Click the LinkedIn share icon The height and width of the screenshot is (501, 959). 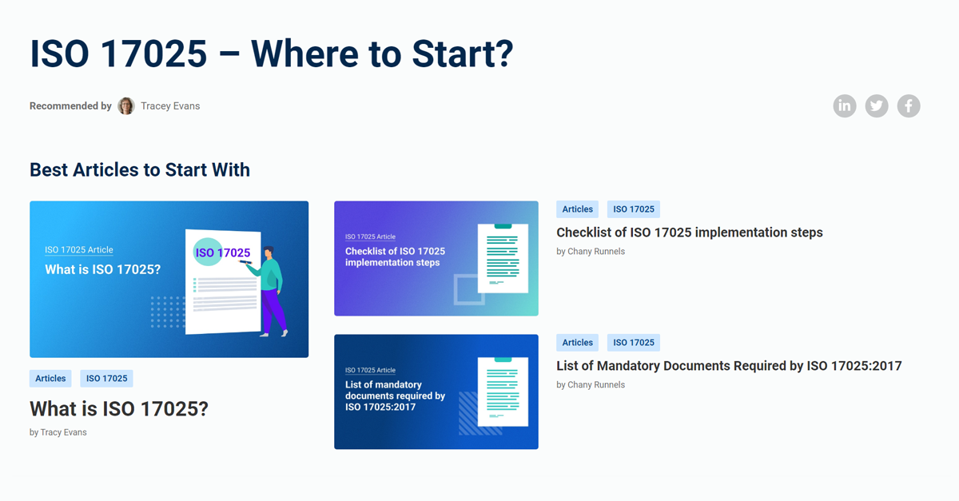pyautogui.click(x=845, y=106)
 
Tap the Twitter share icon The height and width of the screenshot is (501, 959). pyautogui.click(x=877, y=106)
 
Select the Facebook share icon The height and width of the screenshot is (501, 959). pyautogui.click(x=909, y=106)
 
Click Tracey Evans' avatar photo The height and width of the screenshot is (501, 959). pyautogui.click(x=126, y=106)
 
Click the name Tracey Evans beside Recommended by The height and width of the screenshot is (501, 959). pyautogui.click(x=170, y=106)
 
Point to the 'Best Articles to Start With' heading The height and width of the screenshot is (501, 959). pyautogui.click(x=140, y=170)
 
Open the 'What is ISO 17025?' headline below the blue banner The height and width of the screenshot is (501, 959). pyautogui.click(x=119, y=409)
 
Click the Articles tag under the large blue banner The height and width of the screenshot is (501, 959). pyautogui.click(x=50, y=379)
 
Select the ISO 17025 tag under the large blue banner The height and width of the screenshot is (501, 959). pyautogui.click(x=107, y=379)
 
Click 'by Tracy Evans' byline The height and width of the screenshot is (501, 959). pyautogui.click(x=58, y=432)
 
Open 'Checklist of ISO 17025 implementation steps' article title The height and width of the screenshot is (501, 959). pyautogui.click(x=689, y=233)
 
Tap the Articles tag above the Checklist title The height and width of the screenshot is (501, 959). pyautogui.click(x=577, y=209)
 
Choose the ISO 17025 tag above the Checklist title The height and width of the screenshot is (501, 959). pyautogui.click(x=634, y=209)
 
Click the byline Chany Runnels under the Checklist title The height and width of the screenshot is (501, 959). pyautogui.click(x=591, y=252)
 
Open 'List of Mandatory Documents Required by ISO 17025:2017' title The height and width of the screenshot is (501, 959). pyautogui.click(x=728, y=366)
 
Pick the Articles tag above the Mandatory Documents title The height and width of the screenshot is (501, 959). pyautogui.click(x=577, y=343)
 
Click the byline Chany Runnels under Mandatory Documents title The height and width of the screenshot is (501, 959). pyautogui.click(x=591, y=385)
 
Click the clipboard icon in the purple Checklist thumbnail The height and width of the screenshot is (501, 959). pyautogui.click(x=503, y=257)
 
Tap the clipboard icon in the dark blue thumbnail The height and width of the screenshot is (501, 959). pyautogui.click(x=503, y=392)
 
